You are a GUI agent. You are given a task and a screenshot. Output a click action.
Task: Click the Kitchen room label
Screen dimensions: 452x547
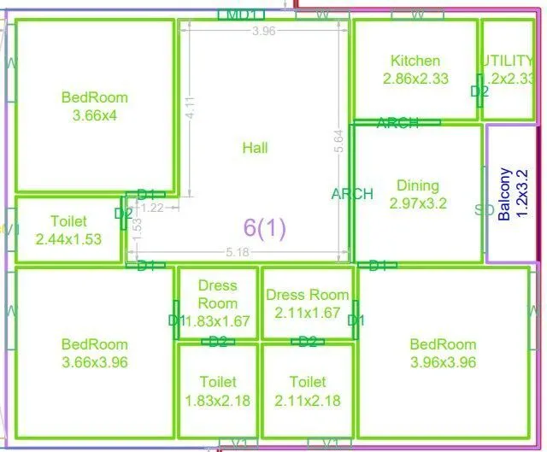415,69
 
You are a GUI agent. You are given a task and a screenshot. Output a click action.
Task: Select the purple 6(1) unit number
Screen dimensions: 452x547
265,227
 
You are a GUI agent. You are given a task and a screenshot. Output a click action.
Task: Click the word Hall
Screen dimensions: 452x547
255,148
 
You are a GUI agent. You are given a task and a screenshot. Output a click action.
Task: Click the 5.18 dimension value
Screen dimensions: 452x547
238,252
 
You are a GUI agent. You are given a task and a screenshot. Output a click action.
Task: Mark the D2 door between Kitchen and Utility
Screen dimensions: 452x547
479,91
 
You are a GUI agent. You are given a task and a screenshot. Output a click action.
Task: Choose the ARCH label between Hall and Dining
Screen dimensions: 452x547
352,194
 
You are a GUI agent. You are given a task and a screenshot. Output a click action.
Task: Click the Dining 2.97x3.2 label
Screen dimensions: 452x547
417,195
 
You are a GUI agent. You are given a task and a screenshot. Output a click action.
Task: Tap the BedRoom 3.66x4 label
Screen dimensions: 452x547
95,107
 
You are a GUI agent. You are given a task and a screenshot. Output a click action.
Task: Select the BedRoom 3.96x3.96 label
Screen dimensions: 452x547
443,354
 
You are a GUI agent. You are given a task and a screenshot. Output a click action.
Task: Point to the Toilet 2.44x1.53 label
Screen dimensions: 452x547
68,231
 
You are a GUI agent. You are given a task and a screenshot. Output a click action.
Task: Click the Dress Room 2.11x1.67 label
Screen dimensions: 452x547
308,304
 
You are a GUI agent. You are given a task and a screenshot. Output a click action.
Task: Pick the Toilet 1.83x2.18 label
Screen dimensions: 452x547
218,391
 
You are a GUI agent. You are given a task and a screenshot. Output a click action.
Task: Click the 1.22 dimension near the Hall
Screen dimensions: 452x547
152,207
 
